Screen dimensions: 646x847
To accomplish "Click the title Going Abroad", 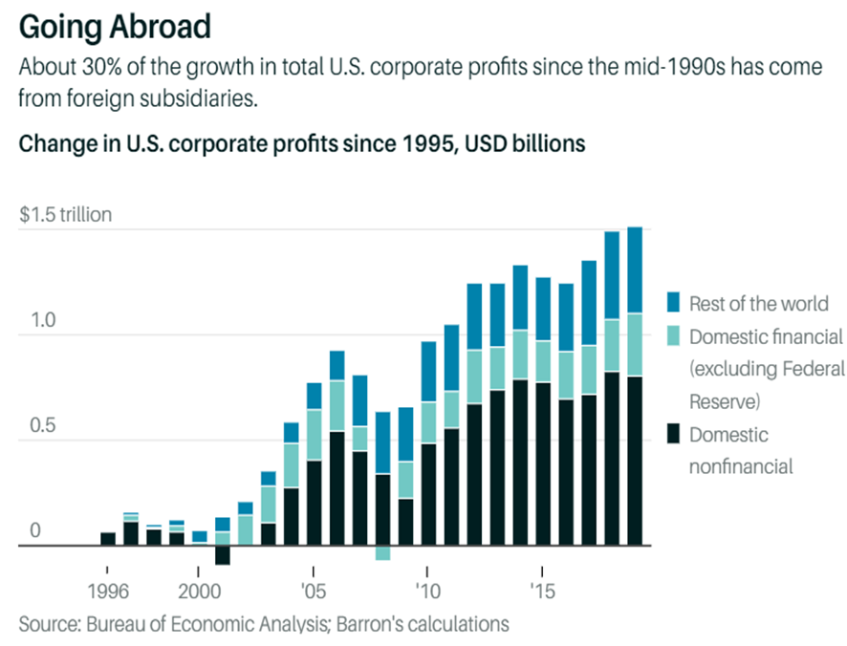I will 114,27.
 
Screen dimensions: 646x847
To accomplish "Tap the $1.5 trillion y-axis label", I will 65,215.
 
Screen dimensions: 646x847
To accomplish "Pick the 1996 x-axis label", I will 107,587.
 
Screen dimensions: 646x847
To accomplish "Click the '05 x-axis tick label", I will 313,587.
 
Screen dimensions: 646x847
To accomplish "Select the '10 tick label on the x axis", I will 427,587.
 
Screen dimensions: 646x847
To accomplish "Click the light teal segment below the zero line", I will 382,553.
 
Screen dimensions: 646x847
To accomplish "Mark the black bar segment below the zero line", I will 223,555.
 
